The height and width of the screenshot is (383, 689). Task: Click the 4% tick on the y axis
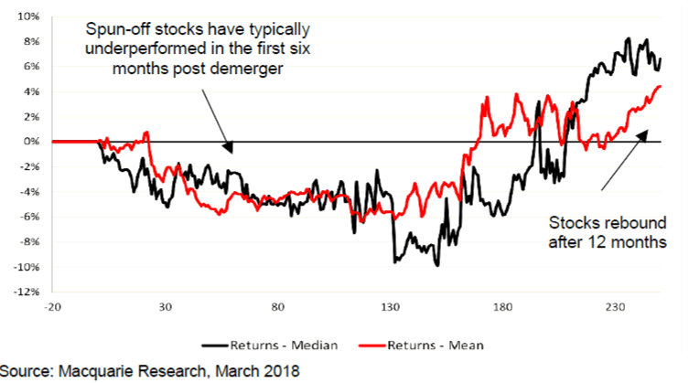click(31, 91)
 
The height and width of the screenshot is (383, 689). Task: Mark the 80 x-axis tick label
click(279, 307)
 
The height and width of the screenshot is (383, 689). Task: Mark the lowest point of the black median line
click(438, 265)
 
